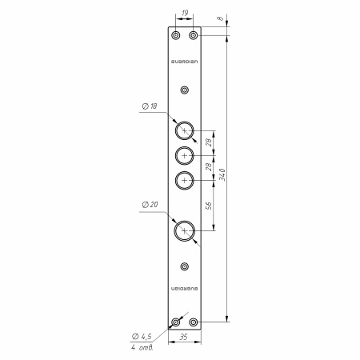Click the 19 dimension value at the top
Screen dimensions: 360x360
(185, 13)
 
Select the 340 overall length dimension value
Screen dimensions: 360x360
(222, 174)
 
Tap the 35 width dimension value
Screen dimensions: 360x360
(183, 337)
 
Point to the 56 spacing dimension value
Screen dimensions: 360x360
(209, 206)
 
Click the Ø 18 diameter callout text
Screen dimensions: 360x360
(150, 106)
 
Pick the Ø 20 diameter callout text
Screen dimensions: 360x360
(150, 205)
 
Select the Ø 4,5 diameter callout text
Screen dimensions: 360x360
(142, 337)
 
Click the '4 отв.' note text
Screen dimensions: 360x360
(142, 347)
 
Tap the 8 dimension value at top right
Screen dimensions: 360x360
(220, 18)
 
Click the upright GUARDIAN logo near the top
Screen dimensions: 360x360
(185, 62)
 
